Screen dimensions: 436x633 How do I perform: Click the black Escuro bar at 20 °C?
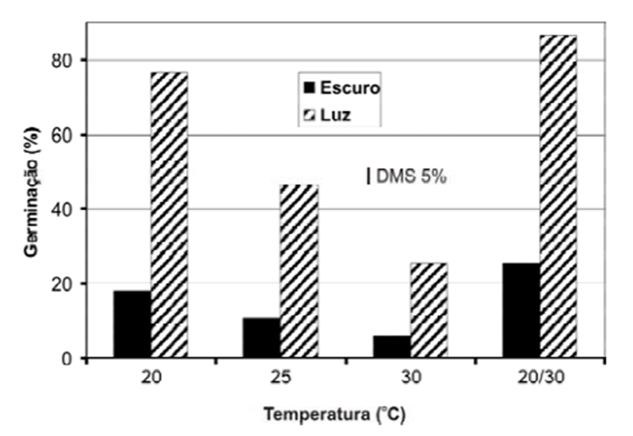pyautogui.click(x=132, y=325)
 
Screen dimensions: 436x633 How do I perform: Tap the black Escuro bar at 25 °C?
pyautogui.click(x=261, y=339)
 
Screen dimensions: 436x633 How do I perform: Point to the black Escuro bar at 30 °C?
pyautogui.click(x=391, y=347)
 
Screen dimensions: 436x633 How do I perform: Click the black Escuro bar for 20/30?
pyautogui.click(x=521, y=310)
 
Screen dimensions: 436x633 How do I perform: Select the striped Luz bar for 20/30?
pyautogui.click(x=558, y=197)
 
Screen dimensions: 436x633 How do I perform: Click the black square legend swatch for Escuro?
pyautogui.click(x=310, y=87)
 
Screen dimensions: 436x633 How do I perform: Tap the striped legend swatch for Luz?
pyautogui.click(x=310, y=113)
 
